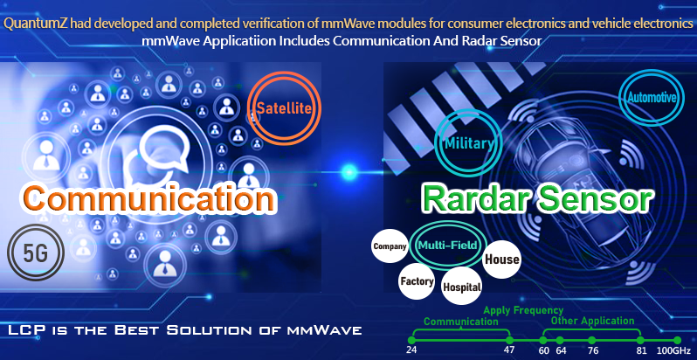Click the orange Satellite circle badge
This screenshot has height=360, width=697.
(284, 108)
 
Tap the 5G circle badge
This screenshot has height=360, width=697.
(36, 253)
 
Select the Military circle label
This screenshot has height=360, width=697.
(468, 143)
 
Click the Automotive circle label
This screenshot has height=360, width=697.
(652, 97)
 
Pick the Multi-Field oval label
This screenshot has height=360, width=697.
(447, 246)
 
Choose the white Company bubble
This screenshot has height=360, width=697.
(390, 246)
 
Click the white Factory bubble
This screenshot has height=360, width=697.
(417, 281)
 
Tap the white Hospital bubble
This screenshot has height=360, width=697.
(461, 287)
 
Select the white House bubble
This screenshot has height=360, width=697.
(501, 260)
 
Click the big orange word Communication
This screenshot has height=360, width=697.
(148, 198)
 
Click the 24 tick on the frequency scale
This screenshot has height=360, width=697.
(412, 340)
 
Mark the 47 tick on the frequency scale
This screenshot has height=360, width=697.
(509, 340)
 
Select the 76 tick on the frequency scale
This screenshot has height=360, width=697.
(592, 340)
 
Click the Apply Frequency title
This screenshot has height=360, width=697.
(523, 310)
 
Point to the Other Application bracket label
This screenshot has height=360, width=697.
(592, 321)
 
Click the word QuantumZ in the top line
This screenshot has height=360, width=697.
(36, 24)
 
